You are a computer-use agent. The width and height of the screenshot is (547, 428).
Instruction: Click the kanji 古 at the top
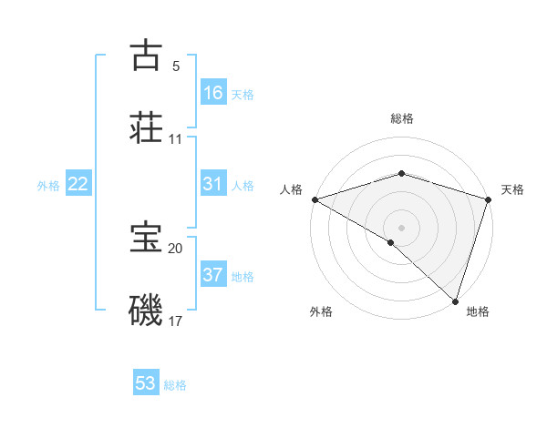point(147,56)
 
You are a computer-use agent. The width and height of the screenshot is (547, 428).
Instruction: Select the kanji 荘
point(147,127)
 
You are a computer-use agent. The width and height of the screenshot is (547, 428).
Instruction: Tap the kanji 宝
point(147,238)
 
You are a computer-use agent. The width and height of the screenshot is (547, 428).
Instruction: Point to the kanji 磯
point(147,310)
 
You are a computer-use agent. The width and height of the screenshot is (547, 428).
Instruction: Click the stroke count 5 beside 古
point(176,66)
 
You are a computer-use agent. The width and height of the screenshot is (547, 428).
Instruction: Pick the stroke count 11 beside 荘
point(176,139)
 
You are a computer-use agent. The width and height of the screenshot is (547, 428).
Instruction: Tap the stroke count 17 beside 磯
point(176,321)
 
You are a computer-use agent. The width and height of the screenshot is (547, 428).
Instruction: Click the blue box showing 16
point(212,92)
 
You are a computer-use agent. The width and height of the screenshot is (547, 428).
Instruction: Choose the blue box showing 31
point(212,184)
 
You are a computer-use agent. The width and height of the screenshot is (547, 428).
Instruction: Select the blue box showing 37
point(212,275)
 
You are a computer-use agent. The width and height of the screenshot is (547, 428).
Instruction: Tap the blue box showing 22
point(78,184)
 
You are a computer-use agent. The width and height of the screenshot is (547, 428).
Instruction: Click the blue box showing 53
point(146,383)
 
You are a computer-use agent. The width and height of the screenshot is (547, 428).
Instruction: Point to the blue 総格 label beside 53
point(175,385)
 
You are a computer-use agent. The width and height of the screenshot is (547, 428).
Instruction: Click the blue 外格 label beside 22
point(48,186)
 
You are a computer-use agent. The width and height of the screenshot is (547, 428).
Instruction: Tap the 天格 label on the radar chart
point(513,189)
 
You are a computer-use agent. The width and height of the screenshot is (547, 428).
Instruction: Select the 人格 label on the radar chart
point(291,189)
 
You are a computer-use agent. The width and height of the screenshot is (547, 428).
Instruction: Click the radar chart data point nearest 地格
point(455,301)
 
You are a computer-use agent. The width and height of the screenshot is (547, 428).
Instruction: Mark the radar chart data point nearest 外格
point(391,242)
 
